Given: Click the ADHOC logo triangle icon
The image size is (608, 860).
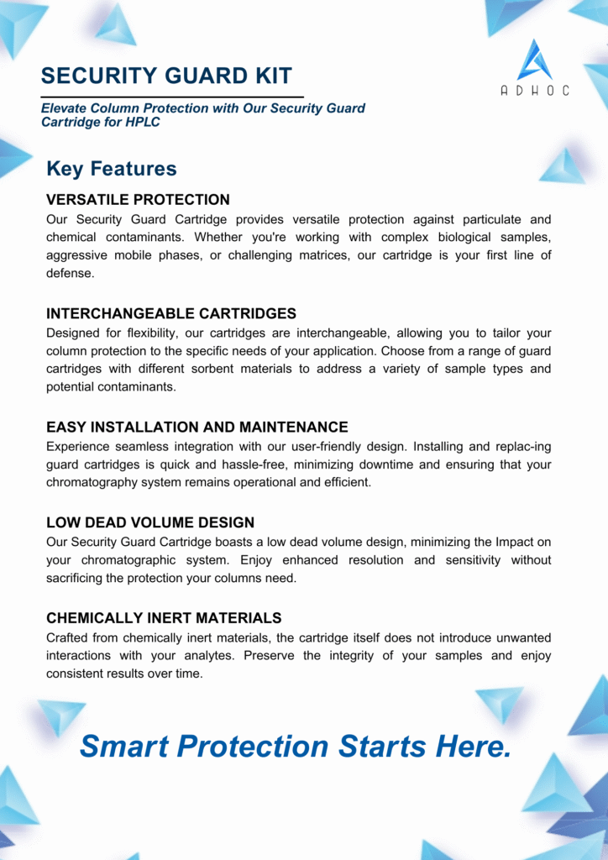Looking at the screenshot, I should point(535,60).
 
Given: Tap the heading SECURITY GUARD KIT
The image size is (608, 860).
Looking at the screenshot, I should point(166,76).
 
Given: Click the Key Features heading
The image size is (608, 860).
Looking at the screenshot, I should point(112,169).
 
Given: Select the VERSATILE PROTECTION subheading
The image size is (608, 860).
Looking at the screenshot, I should point(138,200).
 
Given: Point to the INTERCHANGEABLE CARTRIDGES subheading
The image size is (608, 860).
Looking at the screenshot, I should point(171,314).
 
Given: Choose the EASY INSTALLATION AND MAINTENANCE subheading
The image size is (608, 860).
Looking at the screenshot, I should point(197,427).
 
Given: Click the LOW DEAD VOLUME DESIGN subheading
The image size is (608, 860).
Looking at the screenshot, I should point(150,522).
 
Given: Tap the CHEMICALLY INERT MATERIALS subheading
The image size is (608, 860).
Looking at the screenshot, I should point(164,618).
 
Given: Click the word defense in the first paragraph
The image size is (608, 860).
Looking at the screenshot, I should point(70,273).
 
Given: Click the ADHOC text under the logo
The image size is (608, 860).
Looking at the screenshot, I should point(535,91).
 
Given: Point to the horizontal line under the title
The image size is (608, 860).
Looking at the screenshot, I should point(172,97).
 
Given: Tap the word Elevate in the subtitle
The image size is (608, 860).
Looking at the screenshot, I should point(66,108).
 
